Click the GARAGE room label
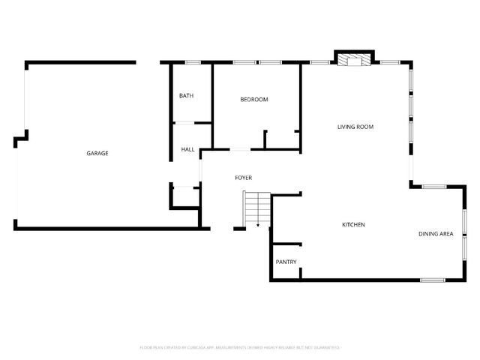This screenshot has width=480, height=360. click(x=97, y=153)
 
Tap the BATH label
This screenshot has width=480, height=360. click(x=186, y=96)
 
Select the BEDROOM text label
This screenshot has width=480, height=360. click(x=254, y=100)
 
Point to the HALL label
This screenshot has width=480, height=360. click(x=187, y=149)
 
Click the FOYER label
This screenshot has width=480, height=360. click(x=243, y=178)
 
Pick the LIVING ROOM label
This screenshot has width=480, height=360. click(x=355, y=127)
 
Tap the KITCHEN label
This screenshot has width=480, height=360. click(x=353, y=225)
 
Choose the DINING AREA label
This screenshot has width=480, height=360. click(x=435, y=234)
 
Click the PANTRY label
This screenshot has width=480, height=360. click(x=286, y=262)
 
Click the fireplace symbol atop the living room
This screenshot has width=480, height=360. click(x=352, y=59)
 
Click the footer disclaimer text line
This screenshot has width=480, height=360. click(x=240, y=347)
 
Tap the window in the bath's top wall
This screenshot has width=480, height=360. click(x=193, y=61)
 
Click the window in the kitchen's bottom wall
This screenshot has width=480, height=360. click(x=432, y=280)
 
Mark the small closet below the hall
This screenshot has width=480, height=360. click(x=185, y=196)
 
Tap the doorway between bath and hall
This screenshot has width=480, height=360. click(x=184, y=122)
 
